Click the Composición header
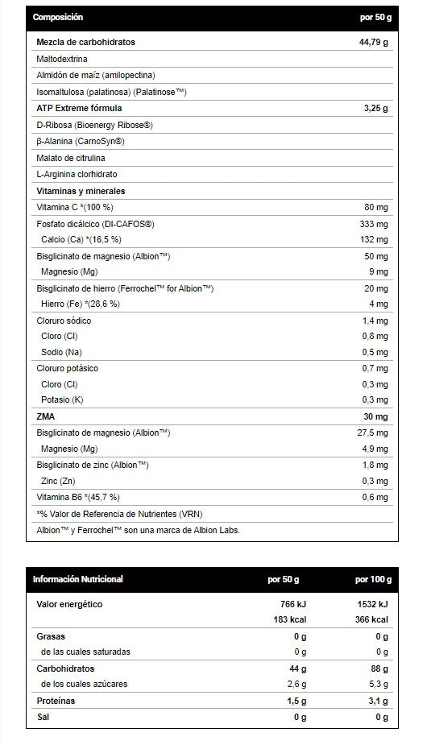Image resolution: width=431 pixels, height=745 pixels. click(59, 17)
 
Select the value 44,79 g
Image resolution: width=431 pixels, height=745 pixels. click(373, 42)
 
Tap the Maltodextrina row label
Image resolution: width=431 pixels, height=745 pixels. click(62, 59)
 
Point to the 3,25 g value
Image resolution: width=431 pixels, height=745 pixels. click(376, 108)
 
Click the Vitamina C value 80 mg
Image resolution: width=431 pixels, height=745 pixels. click(376, 208)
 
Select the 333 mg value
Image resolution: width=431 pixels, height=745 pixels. click(374, 224)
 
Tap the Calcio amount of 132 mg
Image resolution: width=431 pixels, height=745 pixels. click(374, 240)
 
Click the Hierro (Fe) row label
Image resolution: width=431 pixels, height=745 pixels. click(80, 304)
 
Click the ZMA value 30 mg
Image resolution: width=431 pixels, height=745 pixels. click(375, 416)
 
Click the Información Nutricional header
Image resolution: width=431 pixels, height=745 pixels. click(78, 579)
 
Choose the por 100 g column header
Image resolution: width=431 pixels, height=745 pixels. click(373, 579)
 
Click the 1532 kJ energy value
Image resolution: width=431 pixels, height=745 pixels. click(373, 604)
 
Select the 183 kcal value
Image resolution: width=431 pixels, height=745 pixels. click(289, 619)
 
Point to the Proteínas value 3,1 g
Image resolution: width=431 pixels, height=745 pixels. click(379, 701)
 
